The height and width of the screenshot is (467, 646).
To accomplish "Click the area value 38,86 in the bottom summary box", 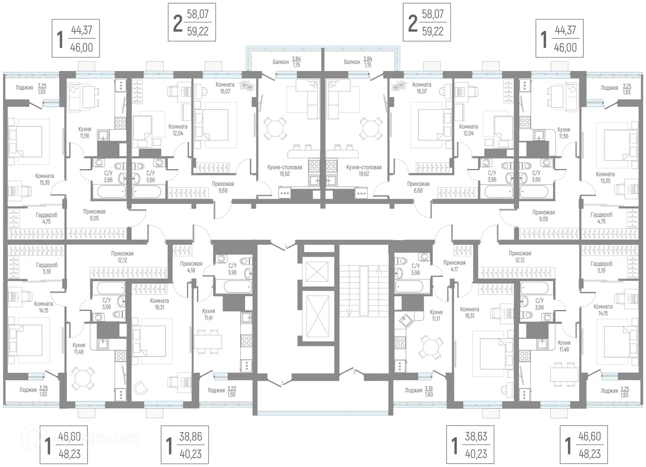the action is coord(190,436).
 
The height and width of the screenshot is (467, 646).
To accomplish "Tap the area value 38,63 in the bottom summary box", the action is coord(476,436).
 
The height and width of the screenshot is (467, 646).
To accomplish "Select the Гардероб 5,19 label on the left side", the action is coord(46,268).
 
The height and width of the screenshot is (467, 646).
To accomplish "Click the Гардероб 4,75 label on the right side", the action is coord(601,218).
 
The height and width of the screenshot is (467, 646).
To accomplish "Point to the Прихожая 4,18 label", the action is coord(191,267).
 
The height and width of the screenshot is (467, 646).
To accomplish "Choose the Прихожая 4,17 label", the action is coord(454,266).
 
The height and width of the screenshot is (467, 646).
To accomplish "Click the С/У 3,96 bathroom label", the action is coord(232,269).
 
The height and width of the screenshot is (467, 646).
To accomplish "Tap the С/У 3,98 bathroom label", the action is coord(416,269).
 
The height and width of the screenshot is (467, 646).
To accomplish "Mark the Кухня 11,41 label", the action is coord(208,314).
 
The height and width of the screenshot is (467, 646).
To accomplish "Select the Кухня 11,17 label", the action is coord(436,315).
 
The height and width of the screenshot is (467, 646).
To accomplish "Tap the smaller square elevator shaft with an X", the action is coord(317,272).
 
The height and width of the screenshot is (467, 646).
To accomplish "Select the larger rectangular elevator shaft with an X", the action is coord(317,316).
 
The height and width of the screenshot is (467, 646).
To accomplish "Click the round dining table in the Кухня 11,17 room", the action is coord(430,346).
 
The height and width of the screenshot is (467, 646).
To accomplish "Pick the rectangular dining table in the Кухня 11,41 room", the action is coord(208,342).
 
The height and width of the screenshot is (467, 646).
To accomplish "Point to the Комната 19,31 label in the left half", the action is coord(159,304).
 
